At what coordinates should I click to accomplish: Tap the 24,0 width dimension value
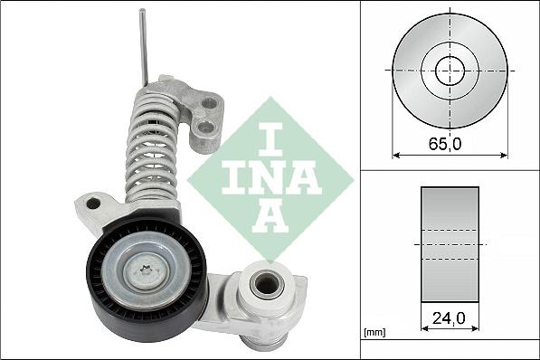click(x=449, y=317)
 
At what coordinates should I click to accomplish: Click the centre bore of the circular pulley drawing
click(x=449, y=70)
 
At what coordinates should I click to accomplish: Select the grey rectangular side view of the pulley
click(x=449, y=243)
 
